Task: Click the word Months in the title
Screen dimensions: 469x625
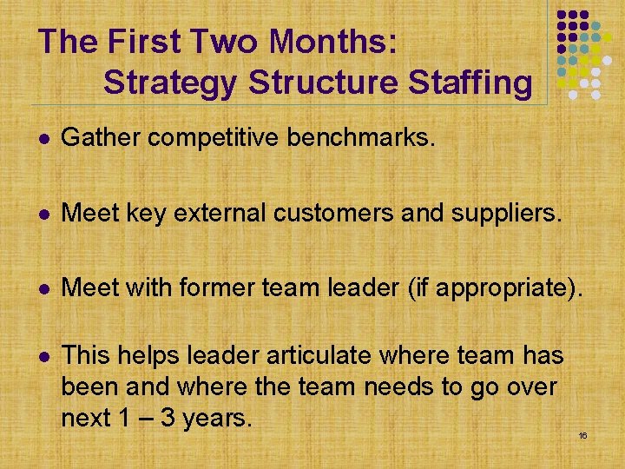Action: pyautogui.click(x=333, y=41)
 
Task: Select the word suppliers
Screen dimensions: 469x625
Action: pyautogui.click(x=497, y=211)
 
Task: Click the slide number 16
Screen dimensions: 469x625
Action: pyautogui.click(x=582, y=434)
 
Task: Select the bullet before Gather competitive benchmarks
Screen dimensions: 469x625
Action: pyautogui.click(x=43, y=136)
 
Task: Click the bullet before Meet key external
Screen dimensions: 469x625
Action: pyautogui.click(x=43, y=212)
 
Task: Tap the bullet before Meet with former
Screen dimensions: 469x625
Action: pyautogui.click(x=43, y=287)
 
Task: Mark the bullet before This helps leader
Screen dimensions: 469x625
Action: pyautogui.click(x=43, y=356)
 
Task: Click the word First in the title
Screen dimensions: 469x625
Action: pyautogui.click(x=142, y=41)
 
